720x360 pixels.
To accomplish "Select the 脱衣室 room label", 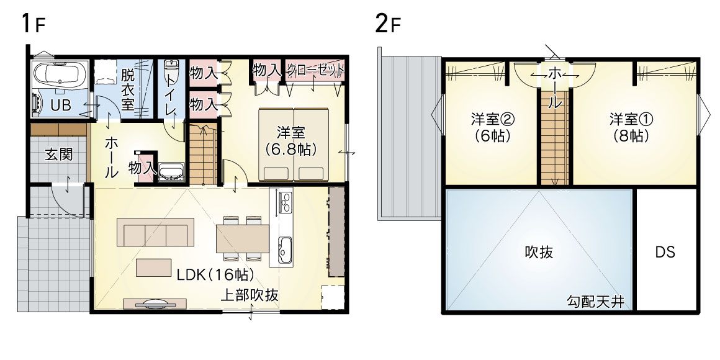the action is pyautogui.click(x=128, y=89).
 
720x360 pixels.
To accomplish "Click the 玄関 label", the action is pyautogui.click(x=59, y=155).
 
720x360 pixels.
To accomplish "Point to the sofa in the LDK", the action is pyautogui.click(x=155, y=232).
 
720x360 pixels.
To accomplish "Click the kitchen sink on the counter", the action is pyautogui.click(x=285, y=250).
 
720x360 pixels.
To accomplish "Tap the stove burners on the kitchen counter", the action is pyautogui.click(x=285, y=202).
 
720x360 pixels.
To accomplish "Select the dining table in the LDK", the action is pyautogui.click(x=243, y=239).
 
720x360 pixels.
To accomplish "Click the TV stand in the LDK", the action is pyautogui.click(x=155, y=304).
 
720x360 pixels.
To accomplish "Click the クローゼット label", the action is pyautogui.click(x=315, y=70).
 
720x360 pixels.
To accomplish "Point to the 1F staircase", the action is pyautogui.click(x=202, y=155).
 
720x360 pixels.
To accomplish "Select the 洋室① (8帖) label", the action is pyautogui.click(x=631, y=127).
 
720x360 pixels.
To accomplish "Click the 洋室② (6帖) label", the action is pyautogui.click(x=492, y=127).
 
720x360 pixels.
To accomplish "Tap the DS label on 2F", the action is pyautogui.click(x=665, y=251).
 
